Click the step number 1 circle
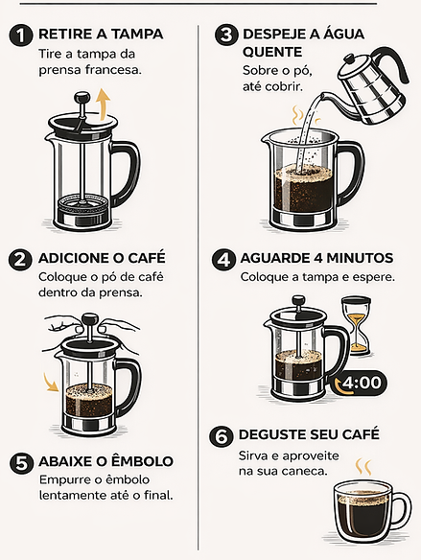(21, 35)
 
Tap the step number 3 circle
(226, 35)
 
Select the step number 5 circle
(21, 463)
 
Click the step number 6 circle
(222, 437)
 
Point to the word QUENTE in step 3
(272, 52)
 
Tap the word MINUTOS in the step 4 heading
(360, 258)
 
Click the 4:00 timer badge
(360, 383)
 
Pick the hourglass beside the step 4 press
(356, 326)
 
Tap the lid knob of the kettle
(350, 58)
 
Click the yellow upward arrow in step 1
(105, 104)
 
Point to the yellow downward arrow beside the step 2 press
(51, 383)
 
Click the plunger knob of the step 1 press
(82, 98)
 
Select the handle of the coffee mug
(403, 510)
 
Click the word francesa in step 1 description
(113, 70)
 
